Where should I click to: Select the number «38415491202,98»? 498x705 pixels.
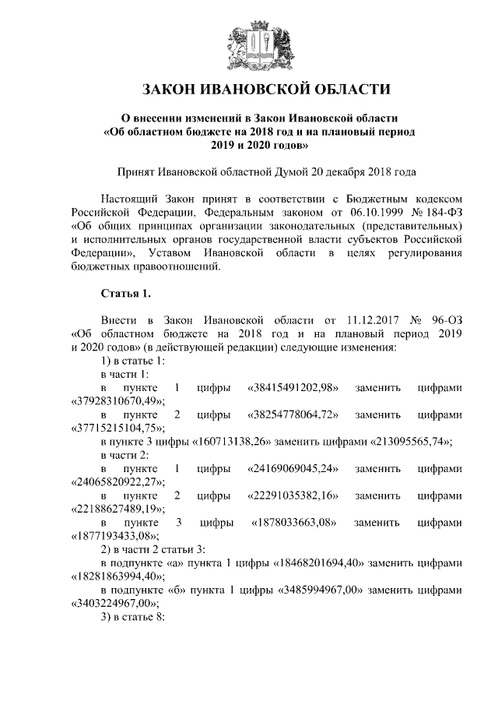(291, 387)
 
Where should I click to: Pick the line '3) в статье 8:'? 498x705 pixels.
(133, 618)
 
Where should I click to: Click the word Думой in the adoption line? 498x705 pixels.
(278, 171)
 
